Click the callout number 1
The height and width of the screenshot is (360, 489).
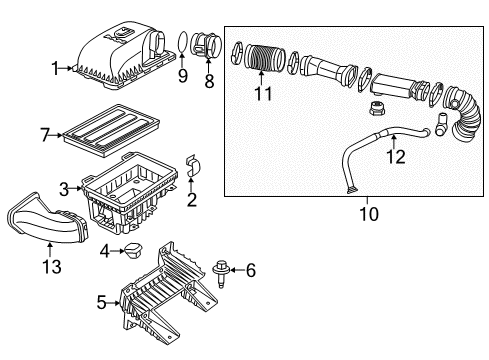[x=55, y=67]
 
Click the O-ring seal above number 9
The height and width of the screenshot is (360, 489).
[x=182, y=42]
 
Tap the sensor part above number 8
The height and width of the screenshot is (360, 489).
[x=208, y=47]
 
